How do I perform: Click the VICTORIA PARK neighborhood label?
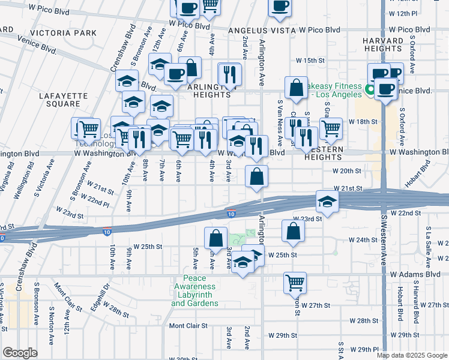(67, 32)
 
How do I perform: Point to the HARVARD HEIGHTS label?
(383, 45)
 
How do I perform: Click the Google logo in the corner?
(20, 353)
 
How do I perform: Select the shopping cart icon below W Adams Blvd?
(295, 283)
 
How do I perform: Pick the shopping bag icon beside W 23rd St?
(292, 232)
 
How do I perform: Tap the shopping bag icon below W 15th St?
(297, 88)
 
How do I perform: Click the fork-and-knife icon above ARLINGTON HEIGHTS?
(230, 74)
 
